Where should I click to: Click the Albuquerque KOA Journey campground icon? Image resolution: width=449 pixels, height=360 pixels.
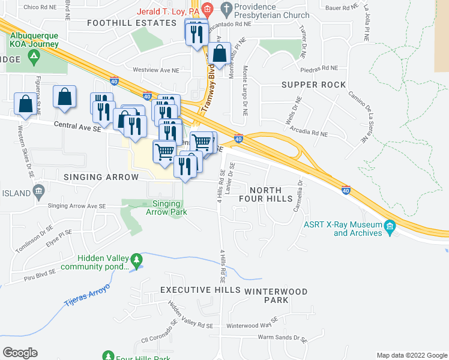pos(34,58)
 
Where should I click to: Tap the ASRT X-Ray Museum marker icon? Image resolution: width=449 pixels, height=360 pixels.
pos(391,226)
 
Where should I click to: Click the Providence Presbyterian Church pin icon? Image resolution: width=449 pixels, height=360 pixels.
pos(226,8)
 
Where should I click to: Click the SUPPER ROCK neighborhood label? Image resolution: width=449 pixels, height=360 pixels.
pos(313,85)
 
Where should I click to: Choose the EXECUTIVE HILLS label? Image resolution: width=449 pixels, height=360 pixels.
pos(200,290)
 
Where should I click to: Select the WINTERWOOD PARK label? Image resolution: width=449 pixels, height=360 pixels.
pos(276,296)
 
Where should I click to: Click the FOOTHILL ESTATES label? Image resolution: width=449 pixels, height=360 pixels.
pos(131,23)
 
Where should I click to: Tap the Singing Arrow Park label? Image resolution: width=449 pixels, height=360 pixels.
pos(166,208)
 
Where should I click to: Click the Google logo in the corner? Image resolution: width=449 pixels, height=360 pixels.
pos(20,352)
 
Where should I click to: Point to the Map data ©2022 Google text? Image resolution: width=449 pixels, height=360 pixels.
pos(412,355)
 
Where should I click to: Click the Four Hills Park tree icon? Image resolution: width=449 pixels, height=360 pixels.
pos(109,356)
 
